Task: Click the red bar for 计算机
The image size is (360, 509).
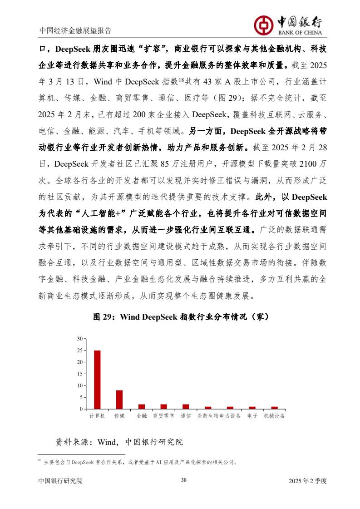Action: (x=97, y=380)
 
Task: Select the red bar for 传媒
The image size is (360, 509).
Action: (x=119, y=400)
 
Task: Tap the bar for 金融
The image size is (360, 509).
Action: (x=142, y=407)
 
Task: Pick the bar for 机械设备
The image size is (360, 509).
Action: (x=274, y=408)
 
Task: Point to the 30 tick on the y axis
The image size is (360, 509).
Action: (x=80, y=339)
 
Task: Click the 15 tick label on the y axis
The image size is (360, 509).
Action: (x=80, y=374)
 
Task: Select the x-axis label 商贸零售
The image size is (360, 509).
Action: (x=163, y=416)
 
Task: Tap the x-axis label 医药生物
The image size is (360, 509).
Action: (x=208, y=416)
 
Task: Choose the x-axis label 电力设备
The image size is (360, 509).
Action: (x=230, y=416)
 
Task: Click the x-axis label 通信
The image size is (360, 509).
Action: (x=185, y=416)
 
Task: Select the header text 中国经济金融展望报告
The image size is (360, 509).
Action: (x=75, y=31)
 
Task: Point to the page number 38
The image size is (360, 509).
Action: (x=184, y=480)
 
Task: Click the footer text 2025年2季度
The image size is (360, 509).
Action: (x=307, y=481)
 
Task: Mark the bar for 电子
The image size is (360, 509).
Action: (x=252, y=408)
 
